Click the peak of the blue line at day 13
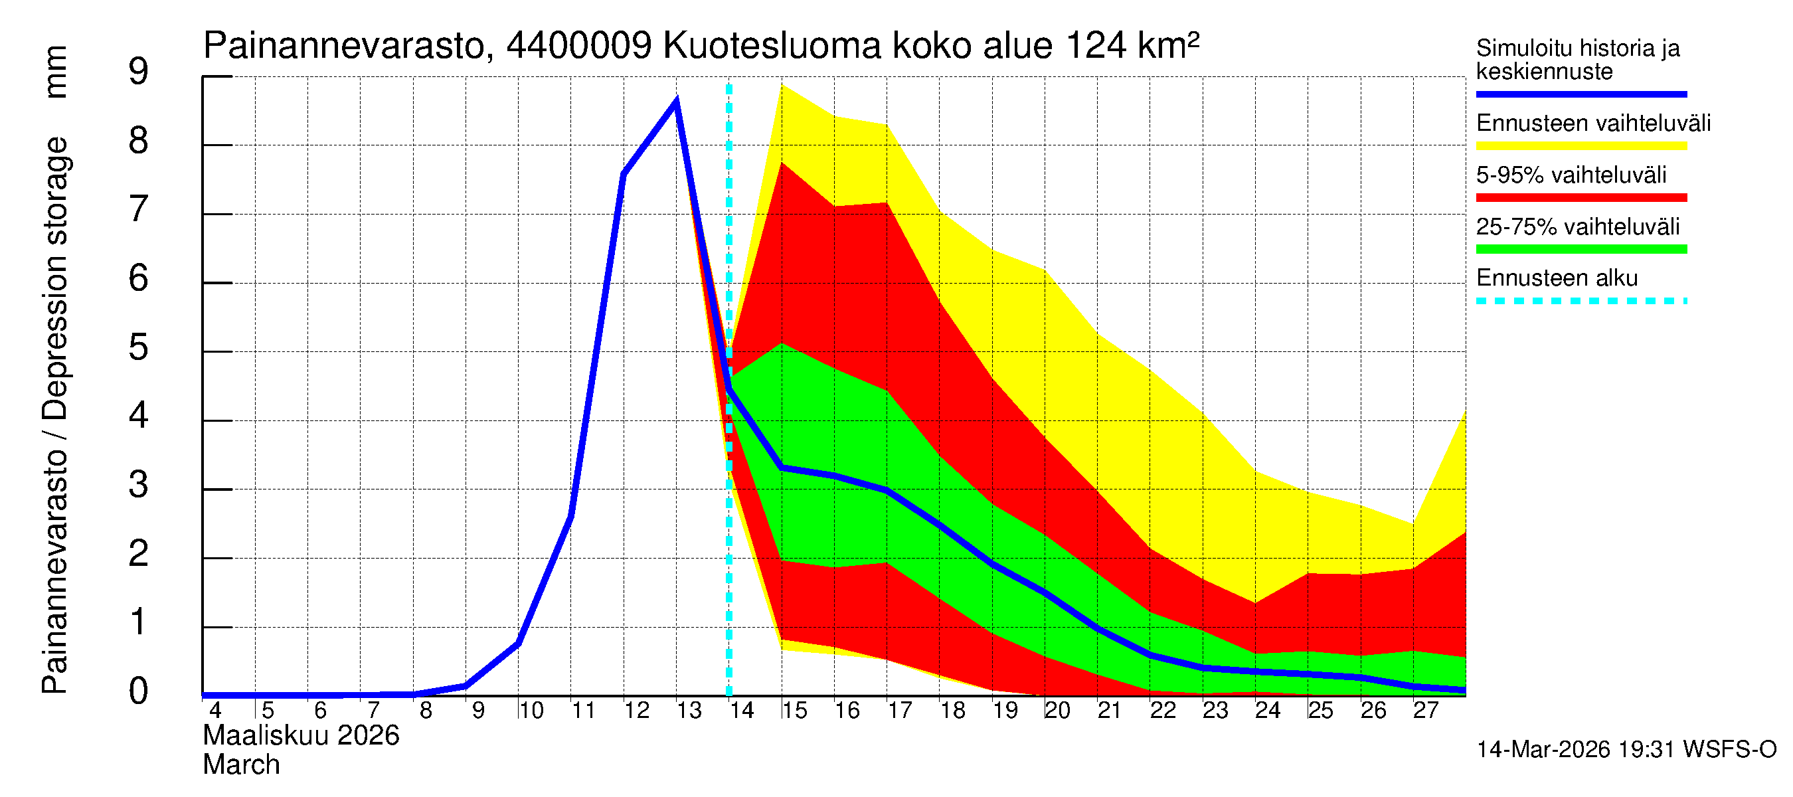676,102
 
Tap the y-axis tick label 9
139,72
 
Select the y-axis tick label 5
139,347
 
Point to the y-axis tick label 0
139,691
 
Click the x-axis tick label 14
741,711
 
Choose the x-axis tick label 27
1426,711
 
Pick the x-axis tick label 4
215,711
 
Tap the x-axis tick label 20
1057,711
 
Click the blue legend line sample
1580,94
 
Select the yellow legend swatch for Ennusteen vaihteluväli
1580,146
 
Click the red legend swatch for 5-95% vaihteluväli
1580,198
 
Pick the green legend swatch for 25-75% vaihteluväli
1580,249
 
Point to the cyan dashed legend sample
1580,302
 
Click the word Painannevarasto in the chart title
344,46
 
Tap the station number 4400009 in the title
578,46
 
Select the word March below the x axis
241,765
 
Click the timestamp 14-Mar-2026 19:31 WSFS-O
1626,750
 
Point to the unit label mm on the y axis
56,72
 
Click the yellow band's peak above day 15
782,85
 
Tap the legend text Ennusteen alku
1557,278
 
